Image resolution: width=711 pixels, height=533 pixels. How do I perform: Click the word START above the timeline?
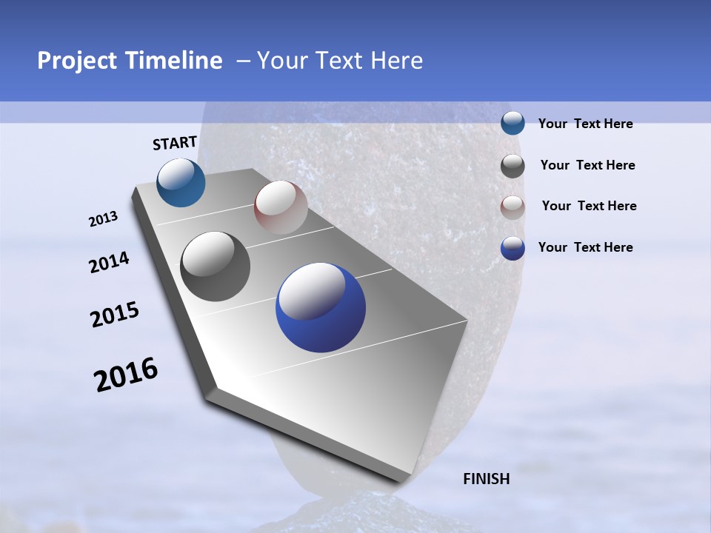175,143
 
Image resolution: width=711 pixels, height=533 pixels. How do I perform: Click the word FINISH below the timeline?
486,479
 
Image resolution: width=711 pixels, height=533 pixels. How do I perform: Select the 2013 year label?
104,219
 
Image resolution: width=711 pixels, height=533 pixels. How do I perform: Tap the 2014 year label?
110,263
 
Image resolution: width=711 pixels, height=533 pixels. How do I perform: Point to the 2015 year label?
115,315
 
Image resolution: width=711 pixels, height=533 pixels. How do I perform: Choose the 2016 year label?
126,375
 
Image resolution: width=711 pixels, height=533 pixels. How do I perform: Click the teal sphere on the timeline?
181,183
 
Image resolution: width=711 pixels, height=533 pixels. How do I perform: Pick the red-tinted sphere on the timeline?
281,207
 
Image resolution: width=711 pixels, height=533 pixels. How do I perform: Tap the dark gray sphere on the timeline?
216,266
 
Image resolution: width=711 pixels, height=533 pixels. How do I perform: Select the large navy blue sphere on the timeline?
321,307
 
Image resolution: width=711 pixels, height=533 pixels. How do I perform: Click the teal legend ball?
513,123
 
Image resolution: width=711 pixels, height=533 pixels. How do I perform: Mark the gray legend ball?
513,166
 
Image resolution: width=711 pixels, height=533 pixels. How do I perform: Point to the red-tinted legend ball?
513,207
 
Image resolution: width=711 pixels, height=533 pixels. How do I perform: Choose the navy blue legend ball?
513,248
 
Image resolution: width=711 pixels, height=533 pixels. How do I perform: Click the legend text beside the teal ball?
585,124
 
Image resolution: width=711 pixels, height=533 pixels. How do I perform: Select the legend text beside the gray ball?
587,165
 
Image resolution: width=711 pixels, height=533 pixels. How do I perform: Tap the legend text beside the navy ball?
585,247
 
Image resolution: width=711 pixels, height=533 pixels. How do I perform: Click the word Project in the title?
76,61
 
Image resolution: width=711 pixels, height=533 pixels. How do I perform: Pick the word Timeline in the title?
175,61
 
